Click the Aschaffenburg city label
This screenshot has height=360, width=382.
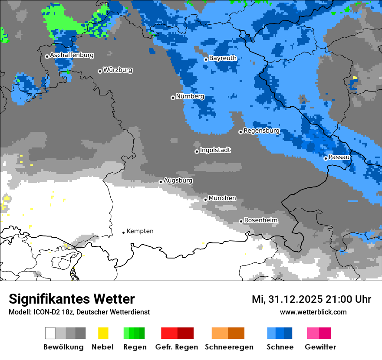pyautogui.click(x=72, y=56)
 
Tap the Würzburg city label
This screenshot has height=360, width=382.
pyautogui.click(x=118, y=70)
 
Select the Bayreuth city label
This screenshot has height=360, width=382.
pyautogui.click(x=223, y=58)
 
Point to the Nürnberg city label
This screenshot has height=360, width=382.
pyautogui.click(x=190, y=97)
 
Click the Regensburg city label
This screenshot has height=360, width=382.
pyautogui.click(x=261, y=131)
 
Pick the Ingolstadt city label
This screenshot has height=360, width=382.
pyautogui.click(x=215, y=150)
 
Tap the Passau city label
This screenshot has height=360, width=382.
pyautogui.click(x=339, y=157)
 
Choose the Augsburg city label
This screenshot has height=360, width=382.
pyautogui.click(x=178, y=180)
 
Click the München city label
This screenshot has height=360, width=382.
pyautogui.click(x=222, y=198)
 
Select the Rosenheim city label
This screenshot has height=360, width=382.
pyautogui.click(x=260, y=220)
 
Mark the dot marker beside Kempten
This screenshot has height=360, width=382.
pyautogui.click(x=123, y=232)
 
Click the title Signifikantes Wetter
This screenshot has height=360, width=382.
pyautogui.click(x=72, y=299)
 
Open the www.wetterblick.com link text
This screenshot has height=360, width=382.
pyautogui.click(x=313, y=312)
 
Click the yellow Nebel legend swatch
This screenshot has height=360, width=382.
pyautogui.click(x=103, y=333)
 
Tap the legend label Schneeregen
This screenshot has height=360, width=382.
pyautogui.click(x=229, y=347)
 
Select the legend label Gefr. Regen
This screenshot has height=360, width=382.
pyautogui.click(x=177, y=347)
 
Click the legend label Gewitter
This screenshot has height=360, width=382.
pyautogui.click(x=320, y=347)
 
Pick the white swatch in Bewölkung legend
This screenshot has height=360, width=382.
pyautogui.click(x=50, y=333)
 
